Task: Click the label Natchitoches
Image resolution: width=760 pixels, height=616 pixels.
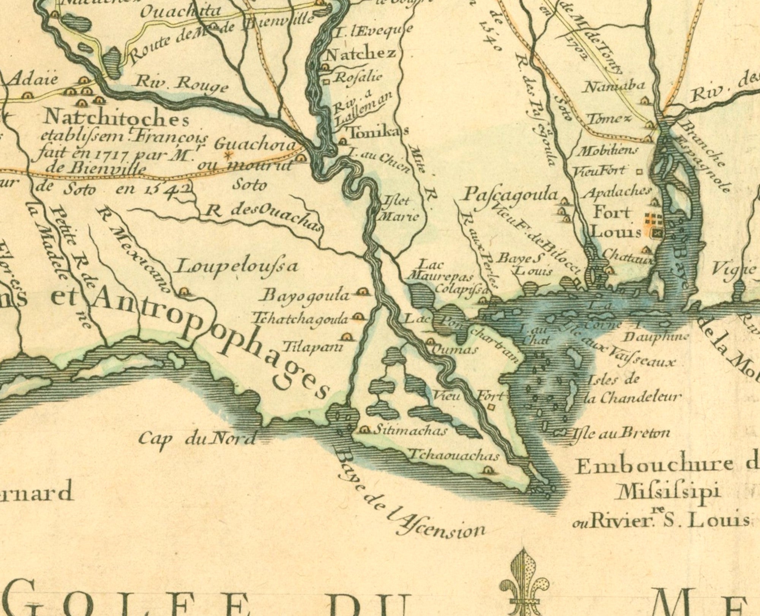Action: [116, 119]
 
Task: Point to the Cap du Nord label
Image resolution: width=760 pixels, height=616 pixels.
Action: [196, 439]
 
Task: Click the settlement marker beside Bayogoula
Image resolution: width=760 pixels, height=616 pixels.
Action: [362, 292]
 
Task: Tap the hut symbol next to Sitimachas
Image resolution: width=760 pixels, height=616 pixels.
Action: [365, 430]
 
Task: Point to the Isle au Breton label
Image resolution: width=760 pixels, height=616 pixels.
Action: [620, 433]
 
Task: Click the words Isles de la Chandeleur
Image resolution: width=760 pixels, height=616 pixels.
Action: [631, 388]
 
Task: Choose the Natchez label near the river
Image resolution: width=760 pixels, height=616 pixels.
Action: [361, 54]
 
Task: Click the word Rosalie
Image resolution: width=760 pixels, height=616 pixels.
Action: [358, 77]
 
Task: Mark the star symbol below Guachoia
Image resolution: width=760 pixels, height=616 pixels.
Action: [228, 155]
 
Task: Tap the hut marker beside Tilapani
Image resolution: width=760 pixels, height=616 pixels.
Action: [346, 337]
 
